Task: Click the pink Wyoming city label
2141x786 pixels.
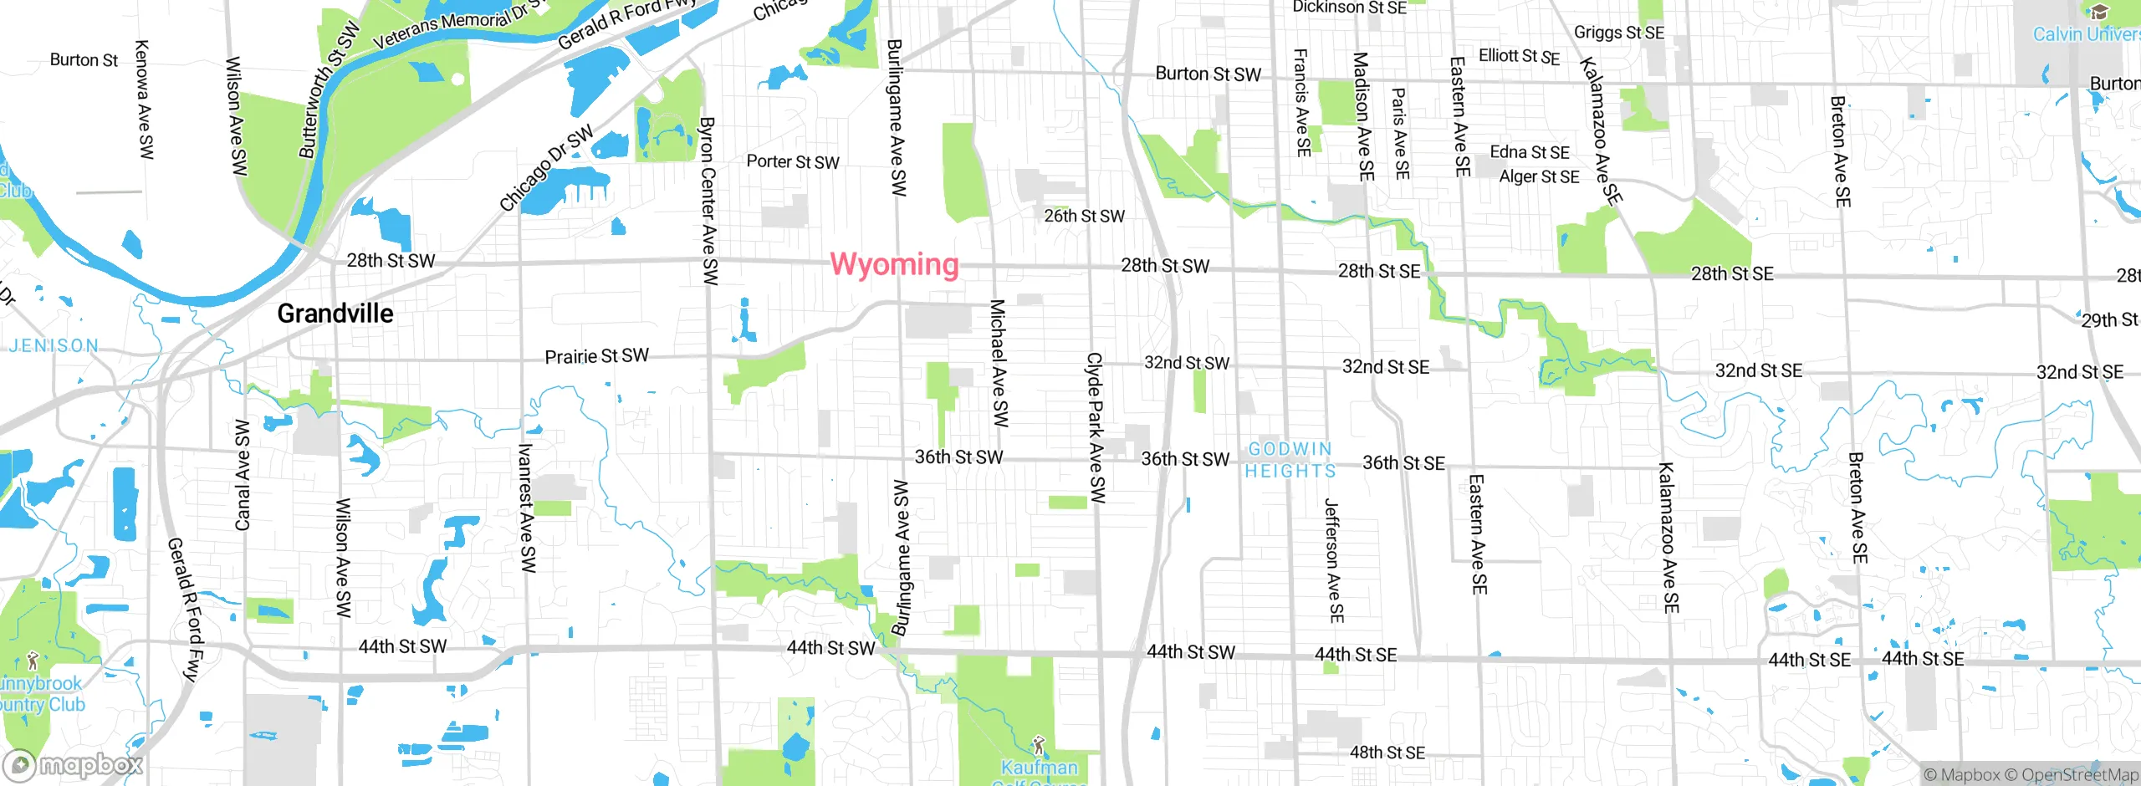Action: coord(894,264)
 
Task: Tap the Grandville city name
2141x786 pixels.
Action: coord(335,314)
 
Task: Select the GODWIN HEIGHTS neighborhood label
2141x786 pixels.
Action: coord(1290,460)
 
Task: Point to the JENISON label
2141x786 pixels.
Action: coord(54,345)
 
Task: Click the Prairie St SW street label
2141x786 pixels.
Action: coord(596,356)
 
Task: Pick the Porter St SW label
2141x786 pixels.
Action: coord(792,161)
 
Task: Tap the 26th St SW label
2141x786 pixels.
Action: coord(1084,216)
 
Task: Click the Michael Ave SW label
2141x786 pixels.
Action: coord(999,363)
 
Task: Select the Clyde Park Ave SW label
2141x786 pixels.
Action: coord(1096,428)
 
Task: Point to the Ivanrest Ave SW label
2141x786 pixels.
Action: coord(527,508)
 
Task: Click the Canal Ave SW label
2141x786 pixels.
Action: coord(243,475)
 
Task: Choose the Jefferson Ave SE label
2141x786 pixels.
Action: coord(1334,560)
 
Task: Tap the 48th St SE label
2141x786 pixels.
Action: coord(1387,753)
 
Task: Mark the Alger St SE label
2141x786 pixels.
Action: coord(1539,176)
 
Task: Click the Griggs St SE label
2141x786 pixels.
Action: coord(1618,32)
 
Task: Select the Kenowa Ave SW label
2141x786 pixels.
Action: coord(144,100)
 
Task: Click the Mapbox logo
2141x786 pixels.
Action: coord(74,764)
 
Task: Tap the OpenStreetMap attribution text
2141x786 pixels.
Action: coord(2079,774)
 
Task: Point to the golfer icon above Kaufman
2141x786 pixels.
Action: coord(1038,744)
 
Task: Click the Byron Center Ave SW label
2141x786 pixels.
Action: coord(708,201)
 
